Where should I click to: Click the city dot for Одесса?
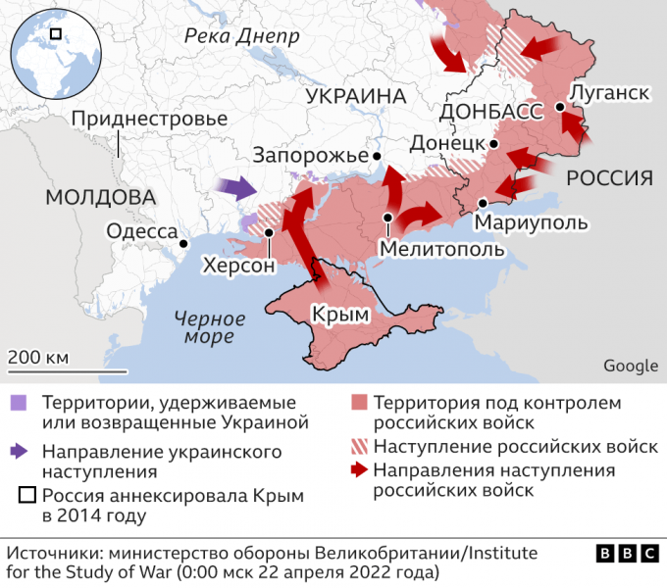click(182, 240)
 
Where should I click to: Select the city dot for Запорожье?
click(375, 156)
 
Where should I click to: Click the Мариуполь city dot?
click(482, 203)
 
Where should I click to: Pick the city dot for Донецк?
click(494, 144)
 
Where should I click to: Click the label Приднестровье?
click(149, 119)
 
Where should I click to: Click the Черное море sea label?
click(207, 326)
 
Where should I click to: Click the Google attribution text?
click(630, 366)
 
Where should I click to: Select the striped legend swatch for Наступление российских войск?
click(359, 447)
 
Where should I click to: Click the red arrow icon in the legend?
click(359, 470)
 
